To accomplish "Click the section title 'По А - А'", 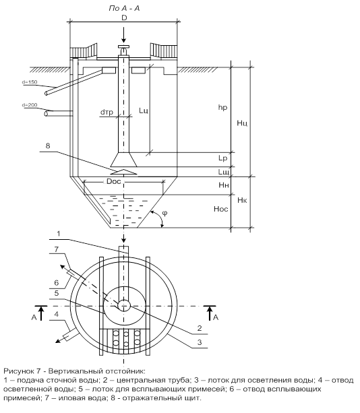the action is tap(124, 9).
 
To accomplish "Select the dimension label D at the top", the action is tap(124, 18).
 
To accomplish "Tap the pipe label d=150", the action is tap(30, 82).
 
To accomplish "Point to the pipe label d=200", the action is tap(30, 105).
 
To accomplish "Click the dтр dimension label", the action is tap(107, 113).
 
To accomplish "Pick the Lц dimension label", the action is tap(144, 110).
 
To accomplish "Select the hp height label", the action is tap(222, 108).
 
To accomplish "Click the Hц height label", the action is tap(242, 123).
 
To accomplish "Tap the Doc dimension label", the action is tap(113, 181).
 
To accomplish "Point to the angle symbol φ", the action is tap(164, 213).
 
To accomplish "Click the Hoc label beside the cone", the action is tap(221, 209).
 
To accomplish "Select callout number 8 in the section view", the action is tap(48, 146).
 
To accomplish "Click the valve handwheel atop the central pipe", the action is tap(123, 47).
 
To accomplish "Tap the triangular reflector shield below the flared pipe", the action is tap(123, 172).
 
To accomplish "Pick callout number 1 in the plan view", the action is tap(59, 234).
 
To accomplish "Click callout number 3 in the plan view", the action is tap(200, 342).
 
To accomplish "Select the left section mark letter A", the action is tap(34, 317).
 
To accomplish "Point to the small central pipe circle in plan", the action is tap(124, 306).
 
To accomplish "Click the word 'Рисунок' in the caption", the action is tap(18, 371).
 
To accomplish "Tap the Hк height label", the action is tap(242, 200).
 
